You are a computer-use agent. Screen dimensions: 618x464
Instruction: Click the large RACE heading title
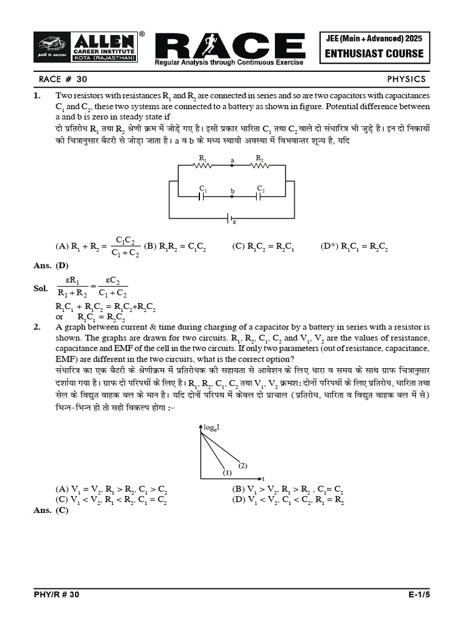tap(230, 46)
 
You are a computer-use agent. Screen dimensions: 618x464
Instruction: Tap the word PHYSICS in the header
tap(407, 79)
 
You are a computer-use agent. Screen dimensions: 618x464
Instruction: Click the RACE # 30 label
tap(59, 79)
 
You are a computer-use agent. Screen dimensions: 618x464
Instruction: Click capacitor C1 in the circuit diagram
tap(203, 197)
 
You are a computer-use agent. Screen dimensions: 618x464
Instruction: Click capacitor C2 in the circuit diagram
tap(260, 197)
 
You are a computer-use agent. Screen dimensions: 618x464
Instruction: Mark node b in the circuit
tap(232, 192)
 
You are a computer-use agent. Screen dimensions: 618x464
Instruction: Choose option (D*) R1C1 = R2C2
tap(355, 246)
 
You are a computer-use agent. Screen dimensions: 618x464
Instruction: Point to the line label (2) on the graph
tap(243, 465)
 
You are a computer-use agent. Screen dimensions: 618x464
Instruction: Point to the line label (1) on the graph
tap(227, 472)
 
